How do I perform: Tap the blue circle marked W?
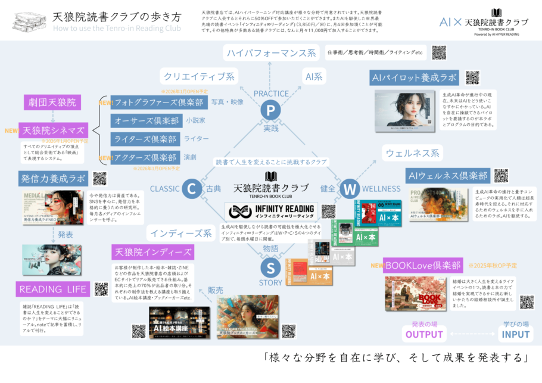click(350, 189)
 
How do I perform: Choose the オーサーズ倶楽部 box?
click(145, 120)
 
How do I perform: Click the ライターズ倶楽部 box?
click(145, 139)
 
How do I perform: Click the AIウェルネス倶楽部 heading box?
click(448, 176)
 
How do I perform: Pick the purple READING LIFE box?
click(53, 289)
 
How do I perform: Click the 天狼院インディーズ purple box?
click(154, 252)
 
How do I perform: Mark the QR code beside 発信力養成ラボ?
click(99, 179)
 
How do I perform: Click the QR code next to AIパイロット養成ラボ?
click(472, 77)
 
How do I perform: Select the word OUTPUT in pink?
click(425, 334)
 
